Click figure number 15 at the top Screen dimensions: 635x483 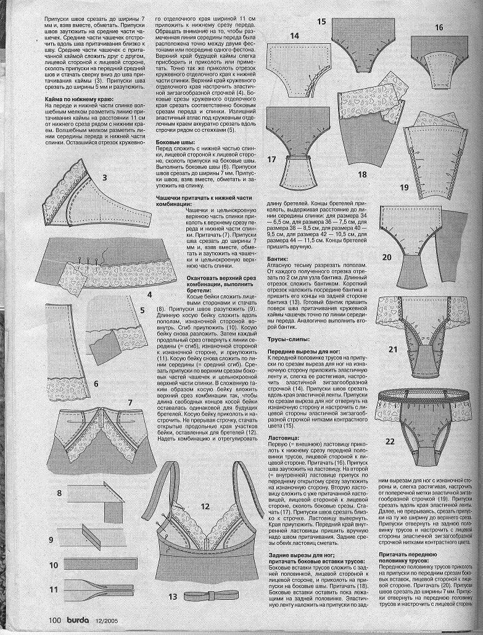321,22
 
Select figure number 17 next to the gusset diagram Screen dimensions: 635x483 271,158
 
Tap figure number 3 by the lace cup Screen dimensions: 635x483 105,178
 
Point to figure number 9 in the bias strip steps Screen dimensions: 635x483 54,540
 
